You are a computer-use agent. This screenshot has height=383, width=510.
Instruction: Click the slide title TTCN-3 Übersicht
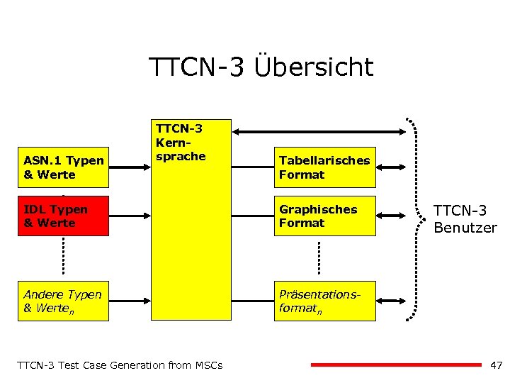click(x=261, y=67)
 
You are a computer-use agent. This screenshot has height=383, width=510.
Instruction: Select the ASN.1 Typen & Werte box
click(x=63, y=167)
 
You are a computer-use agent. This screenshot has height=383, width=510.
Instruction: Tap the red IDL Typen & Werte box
click(x=63, y=216)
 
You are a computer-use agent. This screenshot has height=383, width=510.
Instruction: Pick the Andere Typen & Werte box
click(x=63, y=301)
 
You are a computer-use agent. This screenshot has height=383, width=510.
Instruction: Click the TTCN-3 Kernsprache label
click(x=180, y=142)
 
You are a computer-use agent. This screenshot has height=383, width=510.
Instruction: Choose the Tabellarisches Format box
click(x=326, y=167)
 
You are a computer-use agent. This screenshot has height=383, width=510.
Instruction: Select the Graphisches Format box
click(x=326, y=216)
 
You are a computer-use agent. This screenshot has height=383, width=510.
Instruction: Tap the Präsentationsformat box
click(x=326, y=301)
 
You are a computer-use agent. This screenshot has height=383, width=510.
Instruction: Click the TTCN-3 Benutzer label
click(x=465, y=218)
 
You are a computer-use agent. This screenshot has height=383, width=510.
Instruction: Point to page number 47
click(x=496, y=365)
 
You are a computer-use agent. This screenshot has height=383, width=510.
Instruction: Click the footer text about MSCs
click(x=120, y=365)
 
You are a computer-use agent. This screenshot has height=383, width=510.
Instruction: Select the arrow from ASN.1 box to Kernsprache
click(x=130, y=167)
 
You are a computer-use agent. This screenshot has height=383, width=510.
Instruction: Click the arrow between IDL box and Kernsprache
click(x=130, y=216)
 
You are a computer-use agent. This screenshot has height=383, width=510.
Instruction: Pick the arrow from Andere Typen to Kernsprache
click(x=130, y=301)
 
